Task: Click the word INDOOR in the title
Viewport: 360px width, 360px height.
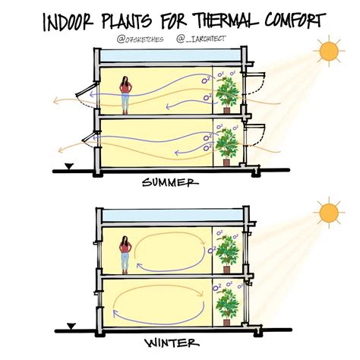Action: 68,22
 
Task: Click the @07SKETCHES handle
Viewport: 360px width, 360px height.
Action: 140,39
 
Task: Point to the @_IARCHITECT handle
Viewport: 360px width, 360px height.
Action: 201,39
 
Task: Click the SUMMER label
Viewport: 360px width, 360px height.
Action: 170,182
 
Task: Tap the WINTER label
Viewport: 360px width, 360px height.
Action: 172,343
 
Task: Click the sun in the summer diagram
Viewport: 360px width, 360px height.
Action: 329,51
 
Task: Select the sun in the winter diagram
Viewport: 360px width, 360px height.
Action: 329,213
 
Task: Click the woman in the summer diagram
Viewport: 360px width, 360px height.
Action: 125,95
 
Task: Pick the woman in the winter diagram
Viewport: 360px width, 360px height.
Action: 125,255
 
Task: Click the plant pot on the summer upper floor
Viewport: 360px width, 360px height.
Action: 226,111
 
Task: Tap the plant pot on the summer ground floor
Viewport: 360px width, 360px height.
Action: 226,163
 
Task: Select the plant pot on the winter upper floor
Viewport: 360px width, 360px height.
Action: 226,270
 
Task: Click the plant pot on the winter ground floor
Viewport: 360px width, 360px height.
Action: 226,322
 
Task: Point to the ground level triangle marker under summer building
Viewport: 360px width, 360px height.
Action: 69,166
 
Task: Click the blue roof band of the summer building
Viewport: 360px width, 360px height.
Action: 171,56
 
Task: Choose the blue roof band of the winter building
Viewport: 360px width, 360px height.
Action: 173,216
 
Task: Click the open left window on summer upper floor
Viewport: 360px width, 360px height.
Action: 87,90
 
